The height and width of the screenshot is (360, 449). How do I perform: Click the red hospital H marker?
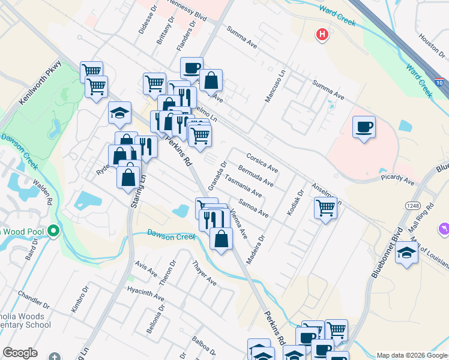322,35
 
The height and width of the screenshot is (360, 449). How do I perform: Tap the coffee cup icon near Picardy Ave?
364,127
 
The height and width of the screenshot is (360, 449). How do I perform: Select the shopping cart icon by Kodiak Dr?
325,208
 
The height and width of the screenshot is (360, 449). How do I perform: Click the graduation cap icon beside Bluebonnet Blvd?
406,253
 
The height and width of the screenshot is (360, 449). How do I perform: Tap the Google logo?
20,353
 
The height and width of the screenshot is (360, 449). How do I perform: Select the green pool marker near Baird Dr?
53,230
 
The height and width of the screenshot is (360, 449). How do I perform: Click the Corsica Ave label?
262,161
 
